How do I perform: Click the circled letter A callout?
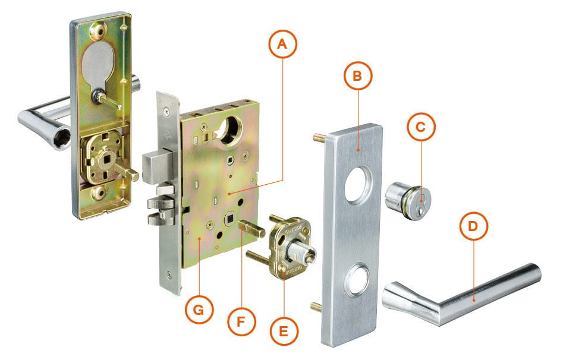[x=282, y=45]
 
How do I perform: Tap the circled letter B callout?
[x=357, y=75]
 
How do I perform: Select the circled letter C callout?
[x=420, y=127]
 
